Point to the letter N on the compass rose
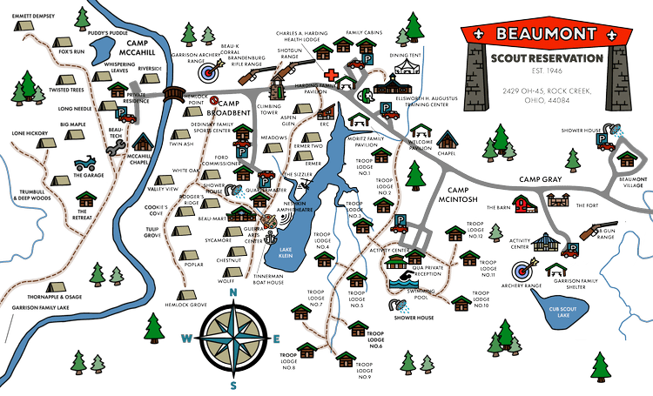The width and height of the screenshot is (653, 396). point(232,293)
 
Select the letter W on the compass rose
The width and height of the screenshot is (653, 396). point(185,338)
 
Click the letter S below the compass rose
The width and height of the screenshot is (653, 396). point(232,383)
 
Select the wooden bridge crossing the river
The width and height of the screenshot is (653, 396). point(173,91)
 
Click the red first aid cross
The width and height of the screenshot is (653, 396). point(331,76)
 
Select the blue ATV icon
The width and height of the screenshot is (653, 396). point(88,163)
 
